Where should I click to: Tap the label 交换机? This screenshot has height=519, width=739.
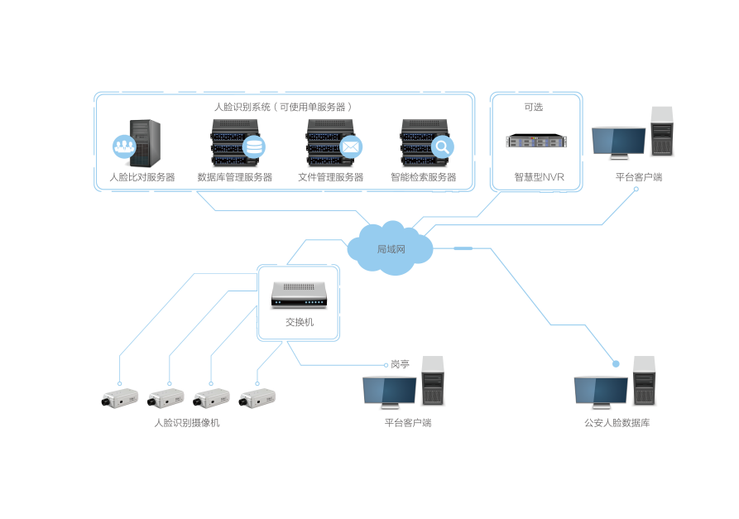[x=299, y=322]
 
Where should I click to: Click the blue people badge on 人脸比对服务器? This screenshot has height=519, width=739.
[x=124, y=147]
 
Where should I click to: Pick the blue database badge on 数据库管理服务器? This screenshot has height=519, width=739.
[x=254, y=147]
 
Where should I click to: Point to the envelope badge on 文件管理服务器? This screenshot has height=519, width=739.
[x=351, y=147]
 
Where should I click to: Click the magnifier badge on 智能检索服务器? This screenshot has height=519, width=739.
[x=443, y=147]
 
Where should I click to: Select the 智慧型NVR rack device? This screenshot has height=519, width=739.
[x=538, y=142]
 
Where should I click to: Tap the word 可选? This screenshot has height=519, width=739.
[x=534, y=107]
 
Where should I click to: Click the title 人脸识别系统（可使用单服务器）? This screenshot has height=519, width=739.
[x=284, y=107]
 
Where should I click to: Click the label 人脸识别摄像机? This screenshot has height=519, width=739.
[x=187, y=423]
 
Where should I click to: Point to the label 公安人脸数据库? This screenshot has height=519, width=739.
[x=617, y=423]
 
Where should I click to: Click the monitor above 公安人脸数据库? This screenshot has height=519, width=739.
[x=601, y=392]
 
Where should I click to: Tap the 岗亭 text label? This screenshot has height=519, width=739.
[x=401, y=363]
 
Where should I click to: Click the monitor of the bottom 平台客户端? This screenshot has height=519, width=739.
[x=389, y=391]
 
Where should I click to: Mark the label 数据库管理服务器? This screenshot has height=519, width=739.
[x=234, y=177]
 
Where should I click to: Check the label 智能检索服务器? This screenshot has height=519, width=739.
[x=423, y=177]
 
